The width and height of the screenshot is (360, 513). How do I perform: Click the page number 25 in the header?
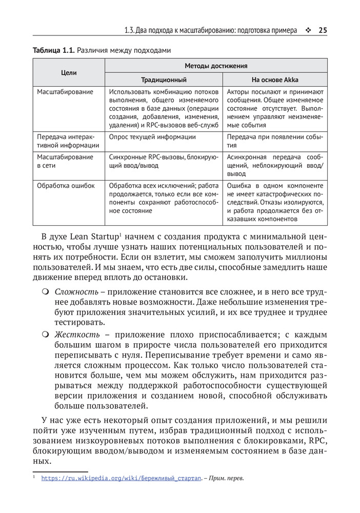[323, 30]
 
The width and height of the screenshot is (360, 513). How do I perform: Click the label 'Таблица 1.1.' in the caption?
[54, 50]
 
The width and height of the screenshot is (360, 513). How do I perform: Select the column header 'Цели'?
[69, 73]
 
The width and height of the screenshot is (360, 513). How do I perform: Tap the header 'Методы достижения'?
[216, 66]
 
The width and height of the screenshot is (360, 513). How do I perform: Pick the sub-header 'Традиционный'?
[164, 80]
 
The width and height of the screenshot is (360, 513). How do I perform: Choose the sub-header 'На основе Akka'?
[274, 80]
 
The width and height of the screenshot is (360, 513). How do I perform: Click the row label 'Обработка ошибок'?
[66, 186]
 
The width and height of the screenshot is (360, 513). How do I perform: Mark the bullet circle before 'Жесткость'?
[45, 335]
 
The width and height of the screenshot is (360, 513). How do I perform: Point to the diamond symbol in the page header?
[307, 30]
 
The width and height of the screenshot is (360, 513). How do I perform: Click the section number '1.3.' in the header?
[130, 30]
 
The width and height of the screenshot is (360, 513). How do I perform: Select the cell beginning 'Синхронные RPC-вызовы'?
[164, 161]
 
